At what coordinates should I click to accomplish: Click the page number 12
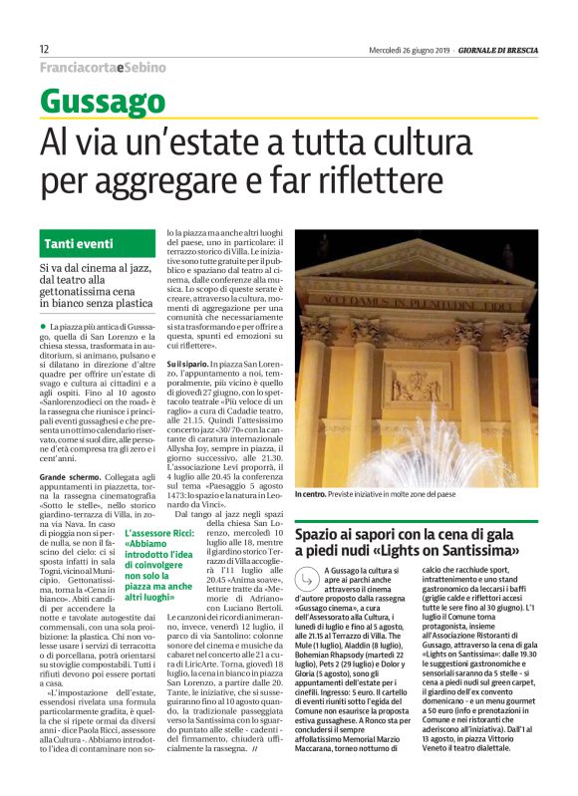tap(45, 49)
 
